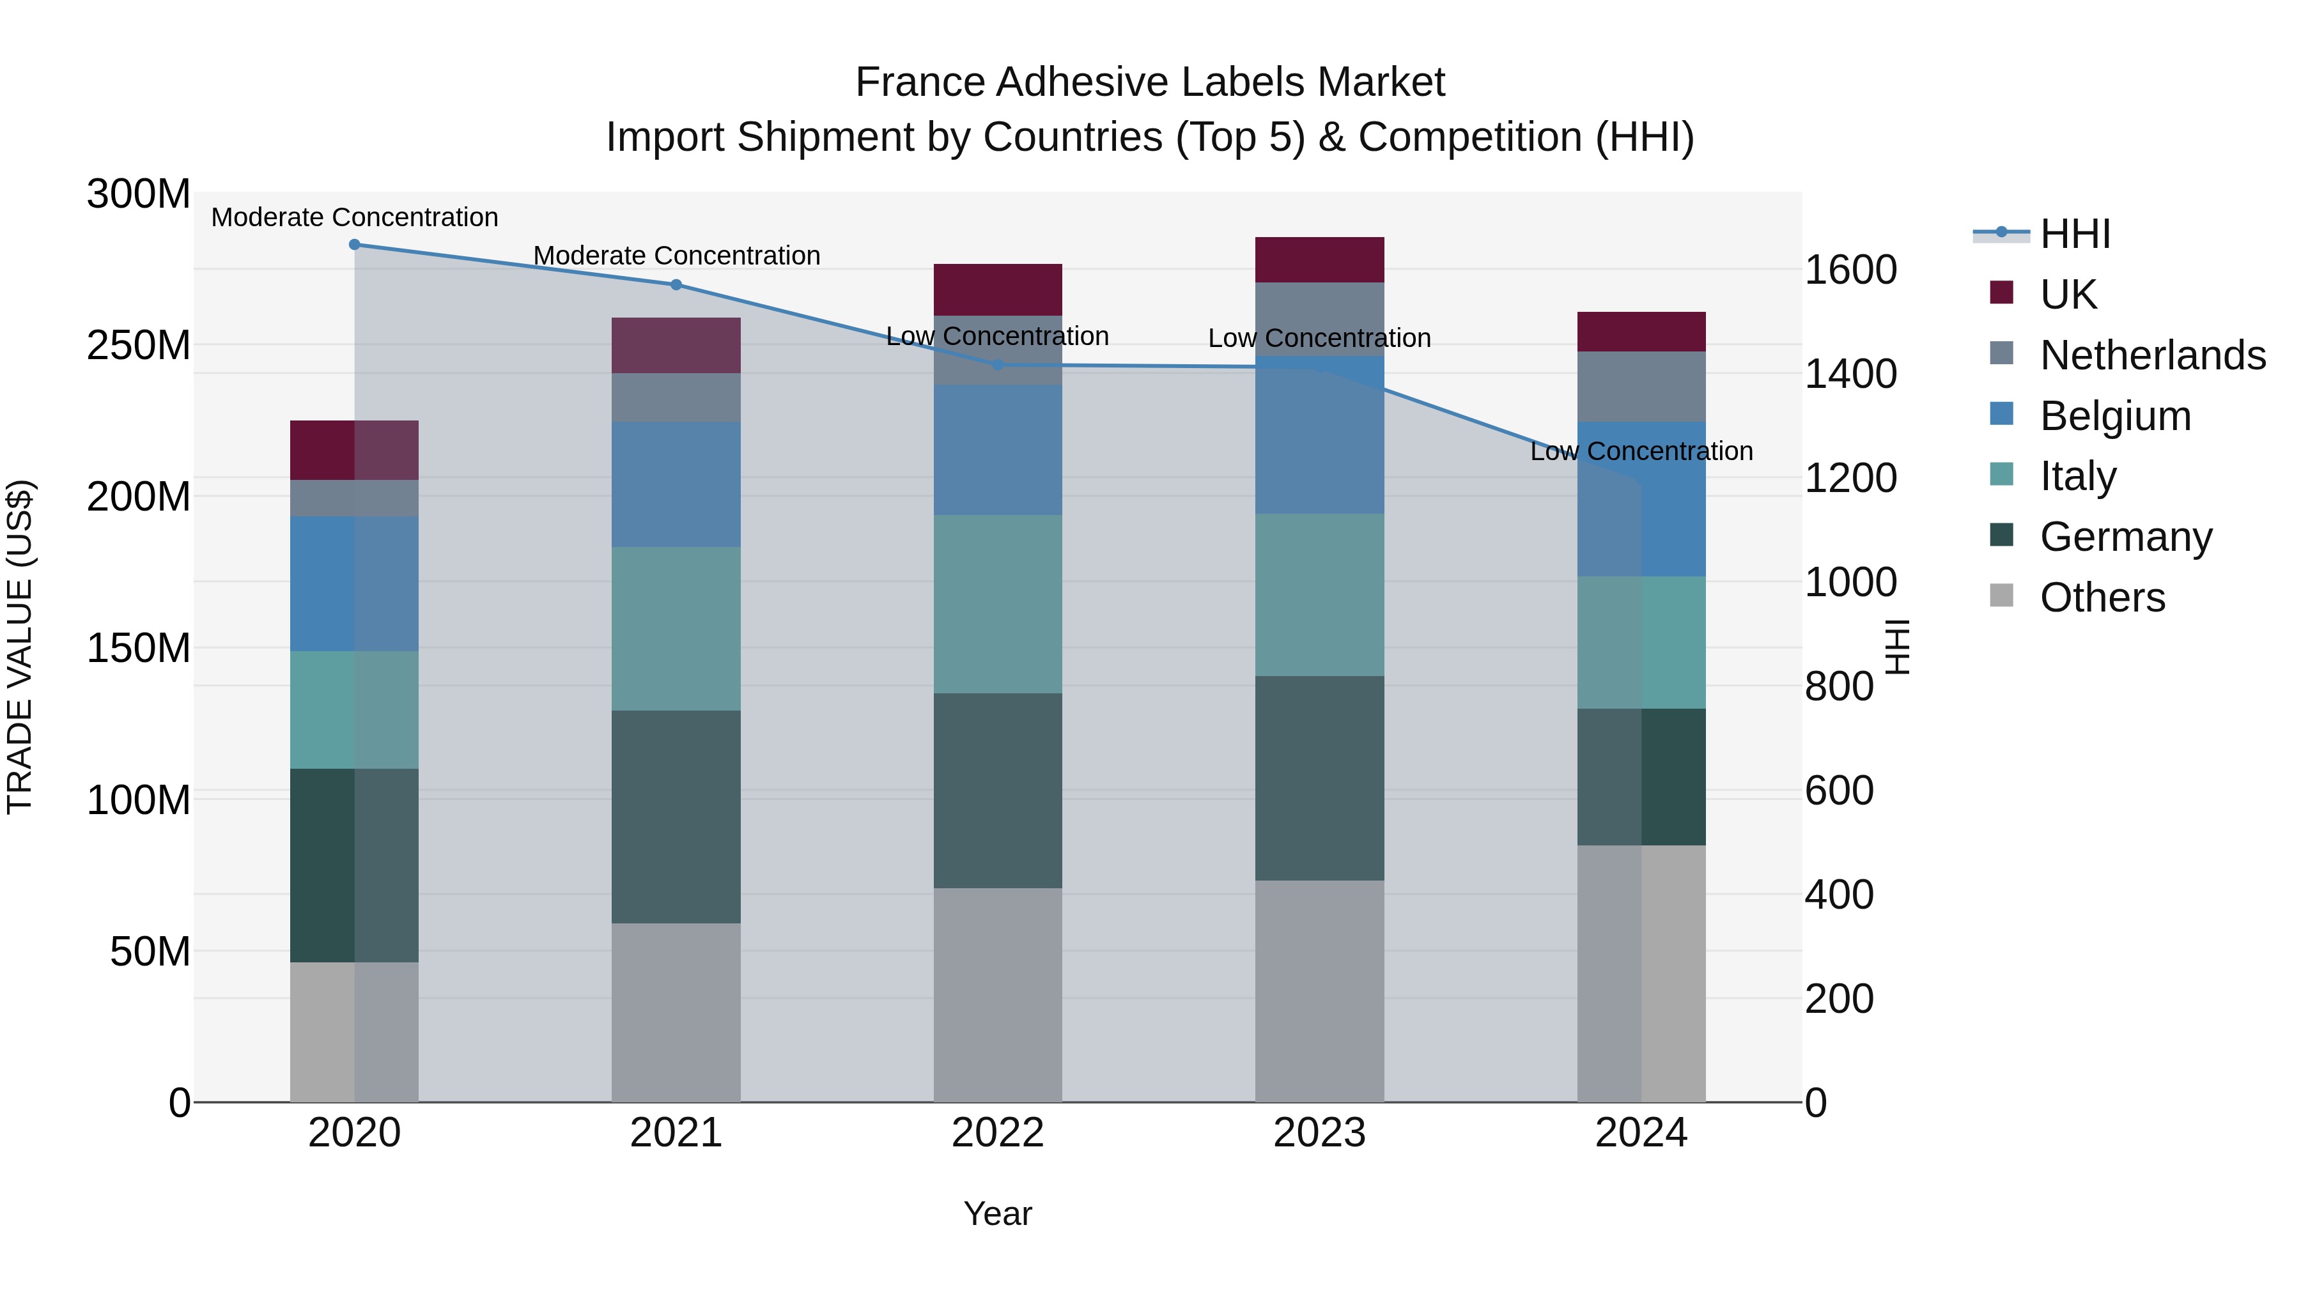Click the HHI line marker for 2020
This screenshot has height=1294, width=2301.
[x=355, y=245]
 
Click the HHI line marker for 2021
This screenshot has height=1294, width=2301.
[x=676, y=285]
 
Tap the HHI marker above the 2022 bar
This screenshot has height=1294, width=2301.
[x=998, y=364]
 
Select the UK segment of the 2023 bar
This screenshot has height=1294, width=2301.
[x=1319, y=260]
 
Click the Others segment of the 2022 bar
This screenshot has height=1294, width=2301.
[x=998, y=995]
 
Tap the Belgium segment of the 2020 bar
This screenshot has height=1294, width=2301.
[x=355, y=583]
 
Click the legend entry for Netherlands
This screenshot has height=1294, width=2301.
[x=2152, y=355]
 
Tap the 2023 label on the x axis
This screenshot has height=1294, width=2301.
[x=1319, y=1133]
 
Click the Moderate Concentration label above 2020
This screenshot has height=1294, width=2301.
[x=355, y=217]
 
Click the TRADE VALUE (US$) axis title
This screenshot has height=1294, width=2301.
[x=20, y=647]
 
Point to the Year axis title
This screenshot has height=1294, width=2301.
[x=998, y=1213]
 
